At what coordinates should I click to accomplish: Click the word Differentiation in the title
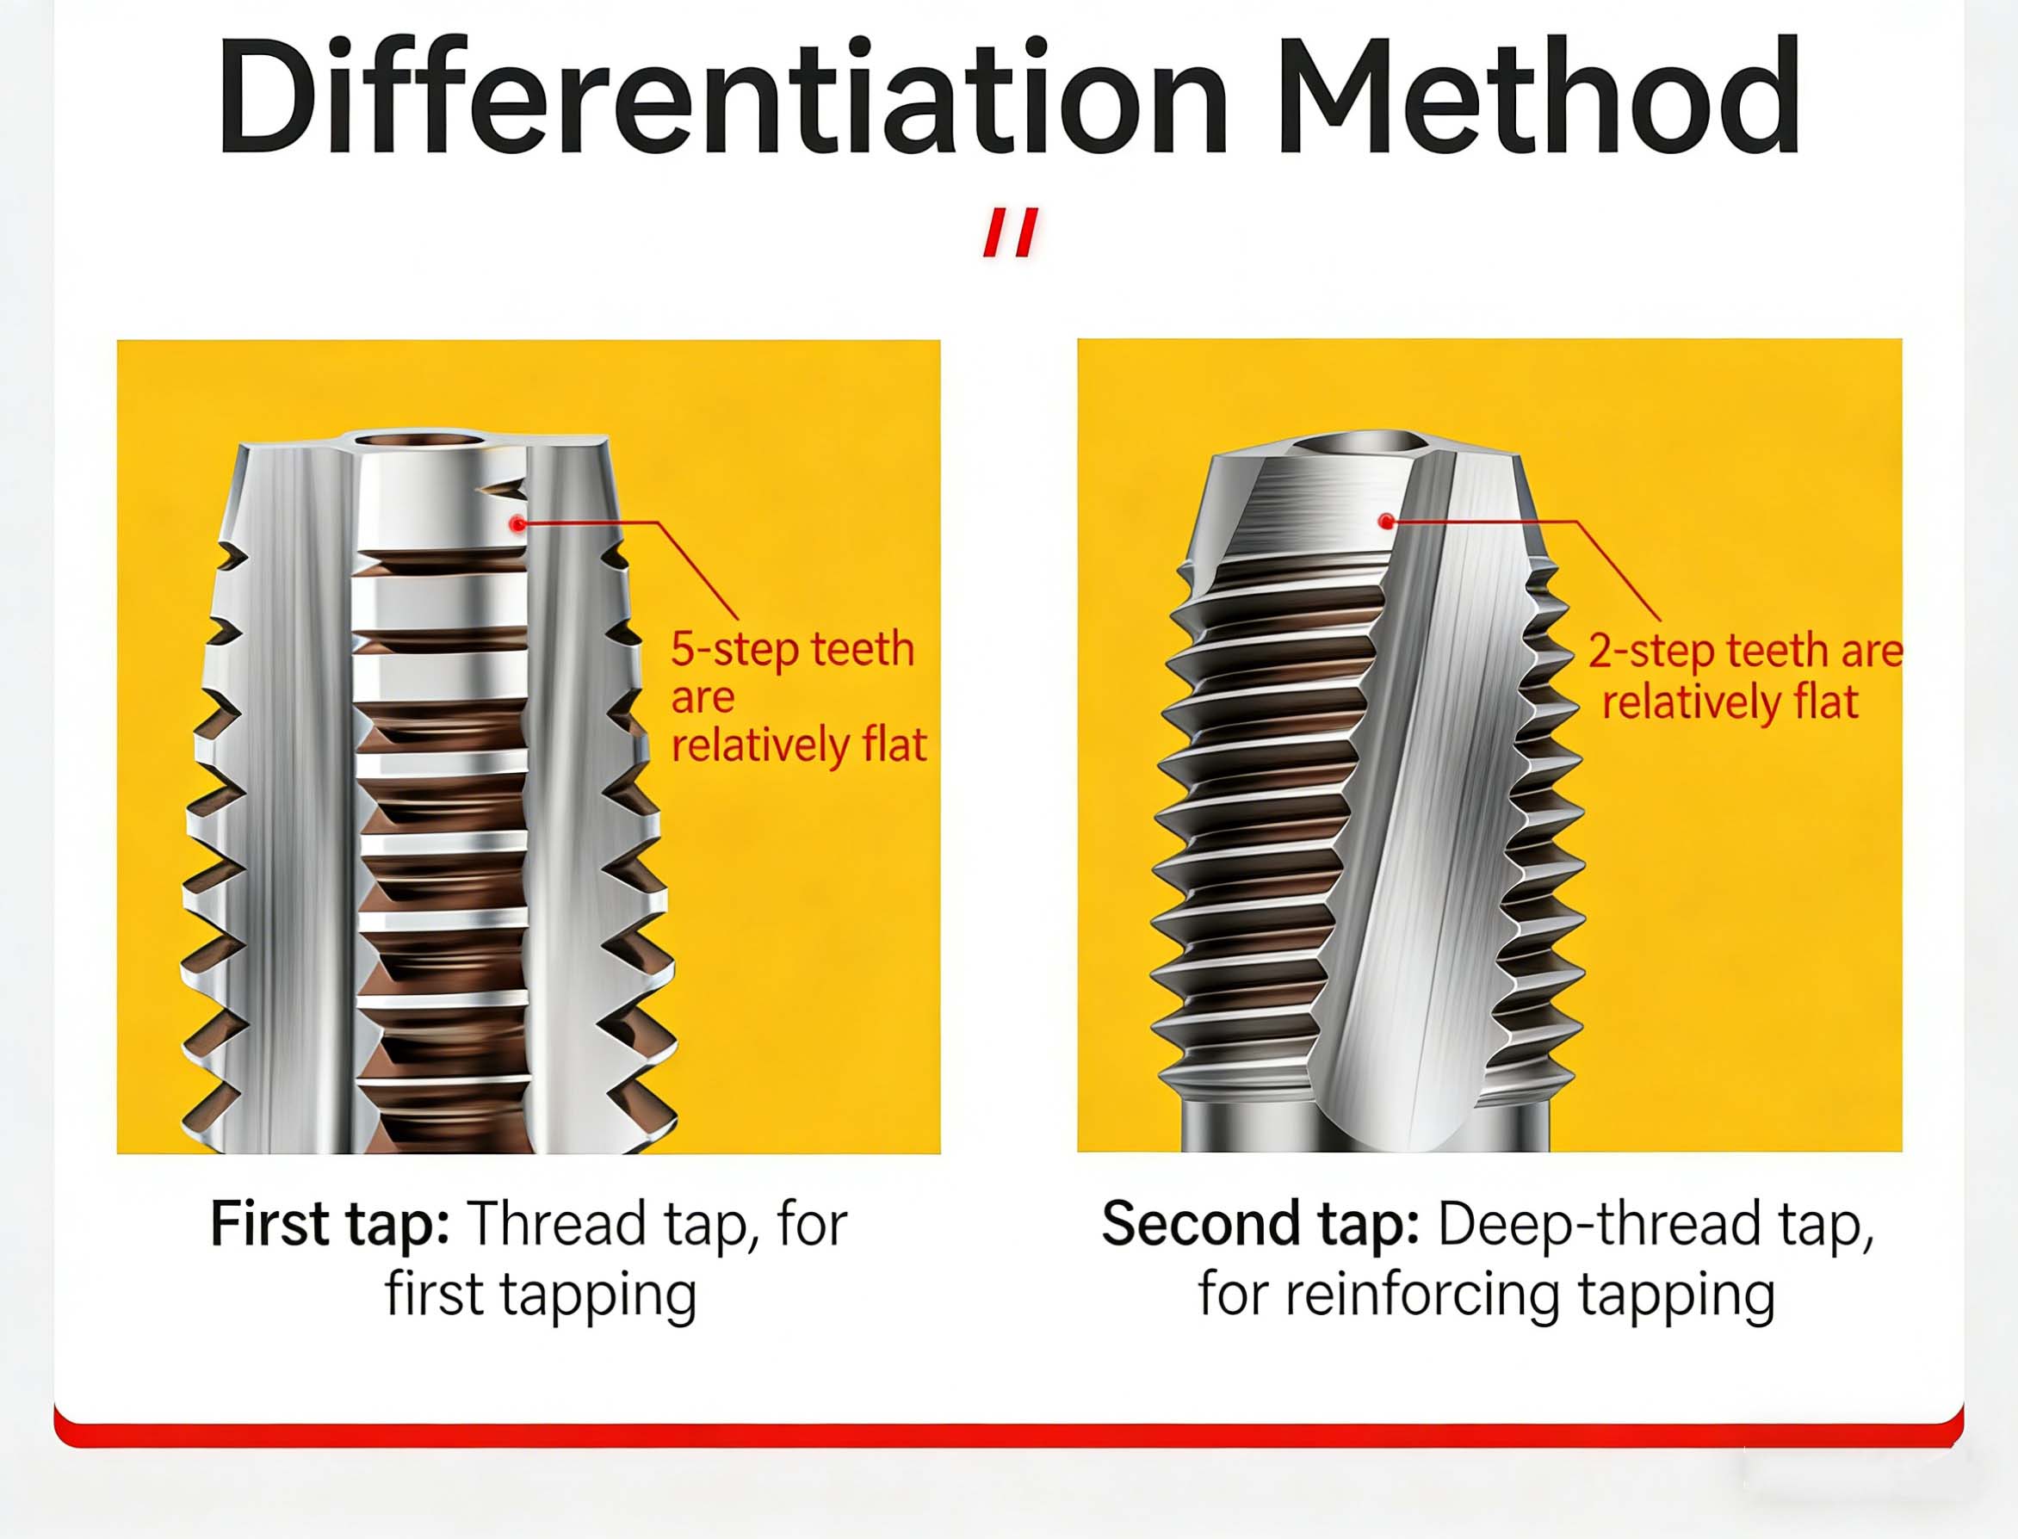pos(721,96)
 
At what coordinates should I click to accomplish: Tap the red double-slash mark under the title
pos(1012,232)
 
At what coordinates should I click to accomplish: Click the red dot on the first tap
pos(518,524)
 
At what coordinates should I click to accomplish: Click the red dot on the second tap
pos(1386,522)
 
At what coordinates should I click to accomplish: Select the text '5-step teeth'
pos(792,650)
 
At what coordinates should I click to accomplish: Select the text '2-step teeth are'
pos(1745,651)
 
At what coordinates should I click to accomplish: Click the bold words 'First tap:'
pos(330,1225)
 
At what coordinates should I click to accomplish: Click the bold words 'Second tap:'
pos(1260,1225)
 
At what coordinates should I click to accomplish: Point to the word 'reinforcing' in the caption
pos(1423,1295)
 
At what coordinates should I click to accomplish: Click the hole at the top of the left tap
pos(420,442)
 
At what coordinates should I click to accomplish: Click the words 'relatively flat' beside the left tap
pos(799,744)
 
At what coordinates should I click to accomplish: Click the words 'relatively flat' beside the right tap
pos(1730,702)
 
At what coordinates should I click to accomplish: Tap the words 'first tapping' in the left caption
pos(541,1295)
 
